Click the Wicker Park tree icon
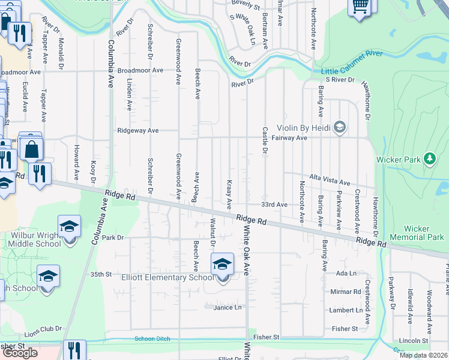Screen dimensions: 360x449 (x=429, y=158)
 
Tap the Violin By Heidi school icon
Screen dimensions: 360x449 (x=340, y=127)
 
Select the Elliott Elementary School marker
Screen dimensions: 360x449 (x=221, y=264)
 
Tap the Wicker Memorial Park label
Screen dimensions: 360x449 (x=424, y=233)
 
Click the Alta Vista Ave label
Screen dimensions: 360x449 (x=329, y=181)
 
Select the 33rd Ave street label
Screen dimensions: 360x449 (x=275, y=205)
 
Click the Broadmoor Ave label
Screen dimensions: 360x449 (x=140, y=70)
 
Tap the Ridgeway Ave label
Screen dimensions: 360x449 (x=138, y=130)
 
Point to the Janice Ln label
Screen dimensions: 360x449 (x=227, y=307)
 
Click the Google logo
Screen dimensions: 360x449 (x=20, y=352)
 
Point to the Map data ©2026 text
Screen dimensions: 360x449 (x=423, y=355)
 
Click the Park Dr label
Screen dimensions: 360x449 (x=112, y=238)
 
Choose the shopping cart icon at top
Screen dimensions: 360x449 (x=360, y=6)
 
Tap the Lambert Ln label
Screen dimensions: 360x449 (x=346, y=310)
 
